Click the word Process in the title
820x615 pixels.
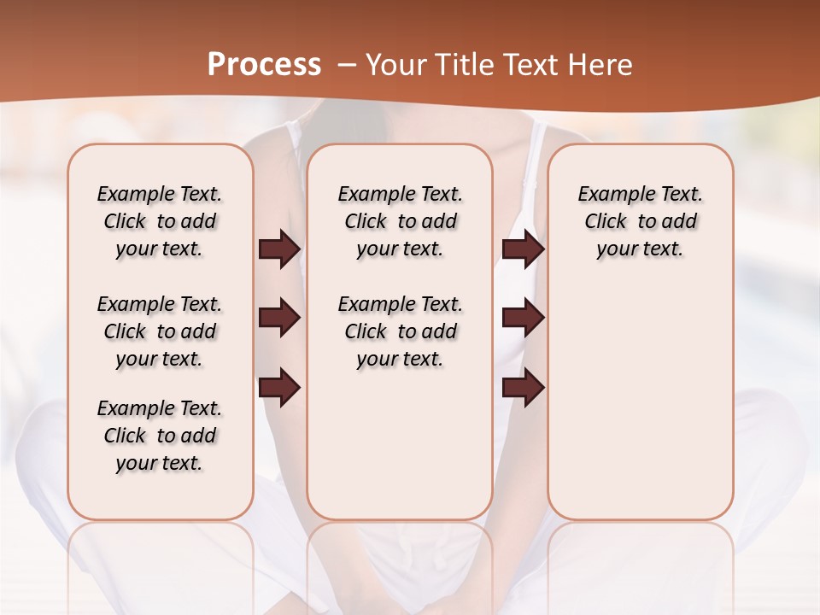pyautogui.click(x=264, y=65)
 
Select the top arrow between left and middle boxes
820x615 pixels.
pyautogui.click(x=279, y=249)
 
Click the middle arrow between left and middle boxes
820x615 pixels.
pyautogui.click(x=279, y=318)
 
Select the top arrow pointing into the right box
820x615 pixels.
pyautogui.click(x=523, y=249)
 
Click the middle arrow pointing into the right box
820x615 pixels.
pyautogui.click(x=523, y=318)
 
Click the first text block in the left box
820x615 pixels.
pyautogui.click(x=160, y=221)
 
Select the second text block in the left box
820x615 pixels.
pyautogui.click(x=160, y=331)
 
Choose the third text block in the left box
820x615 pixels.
pyautogui.click(x=160, y=436)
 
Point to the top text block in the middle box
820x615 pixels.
pyautogui.click(x=401, y=221)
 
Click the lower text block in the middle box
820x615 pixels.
pyautogui.click(x=401, y=331)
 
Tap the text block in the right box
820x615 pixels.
pyautogui.click(x=641, y=221)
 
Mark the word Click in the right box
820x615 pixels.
pyautogui.click(x=606, y=222)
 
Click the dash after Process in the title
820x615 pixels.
pyautogui.click(x=346, y=65)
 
